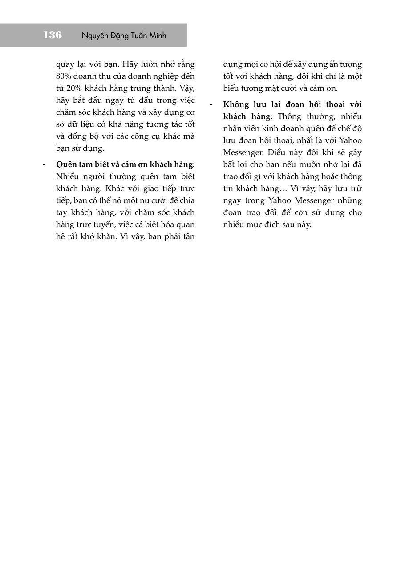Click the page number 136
tap(53, 35)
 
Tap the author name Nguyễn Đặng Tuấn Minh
tap(124, 36)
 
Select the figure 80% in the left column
tap(65, 76)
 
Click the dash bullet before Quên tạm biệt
tap(44, 164)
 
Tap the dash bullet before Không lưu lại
tap(211, 104)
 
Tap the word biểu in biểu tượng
tap(232, 88)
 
